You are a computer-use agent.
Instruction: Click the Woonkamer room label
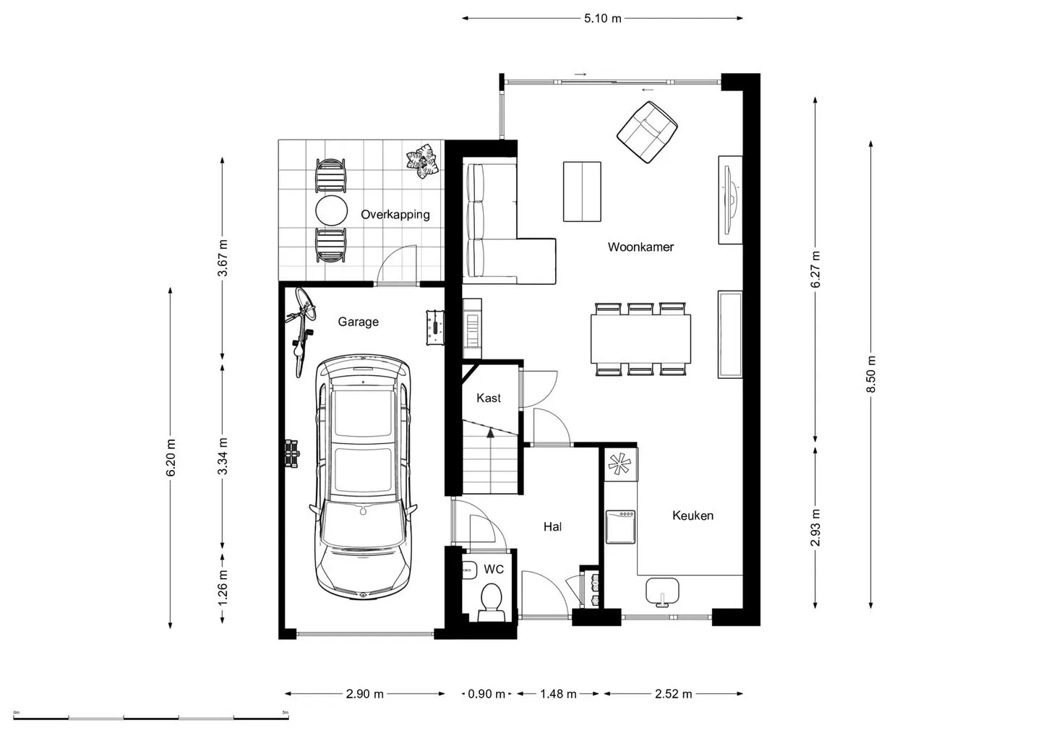641,247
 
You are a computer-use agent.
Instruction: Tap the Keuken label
693,515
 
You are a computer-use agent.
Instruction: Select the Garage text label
358,322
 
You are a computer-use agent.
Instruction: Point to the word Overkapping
395,215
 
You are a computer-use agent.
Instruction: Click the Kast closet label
489,398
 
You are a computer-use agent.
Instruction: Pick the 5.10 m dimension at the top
602,19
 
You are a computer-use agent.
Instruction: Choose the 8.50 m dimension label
871,374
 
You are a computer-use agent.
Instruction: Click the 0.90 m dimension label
486,694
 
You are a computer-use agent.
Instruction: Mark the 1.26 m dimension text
223,588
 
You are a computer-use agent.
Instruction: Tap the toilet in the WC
492,603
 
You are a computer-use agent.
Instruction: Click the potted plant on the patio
422,161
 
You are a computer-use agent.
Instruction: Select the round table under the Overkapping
331,210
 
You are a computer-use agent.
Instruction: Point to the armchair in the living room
647,132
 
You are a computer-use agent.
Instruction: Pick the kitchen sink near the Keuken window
662,592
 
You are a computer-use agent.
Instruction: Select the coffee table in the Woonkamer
582,192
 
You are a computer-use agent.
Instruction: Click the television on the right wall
731,200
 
